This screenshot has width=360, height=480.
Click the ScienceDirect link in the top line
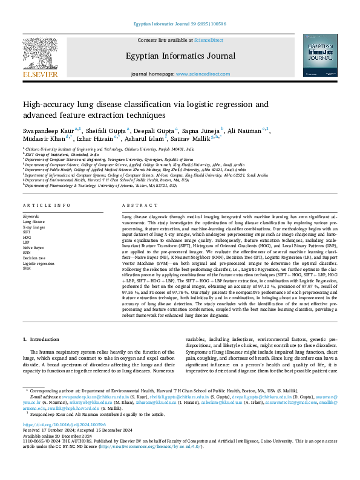[208, 39]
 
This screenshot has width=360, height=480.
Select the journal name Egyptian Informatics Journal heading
[180, 56]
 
